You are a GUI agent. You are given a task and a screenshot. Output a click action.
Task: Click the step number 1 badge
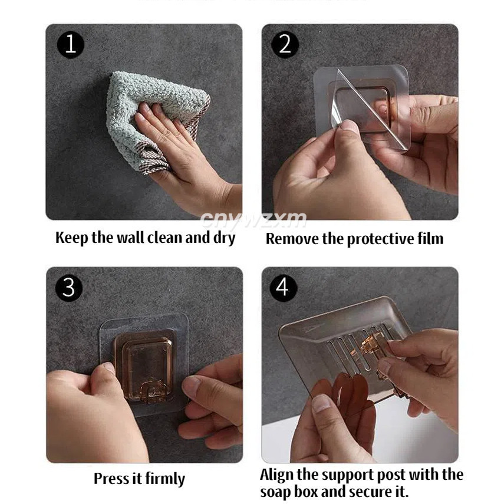70,44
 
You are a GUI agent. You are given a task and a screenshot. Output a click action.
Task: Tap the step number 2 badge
285,44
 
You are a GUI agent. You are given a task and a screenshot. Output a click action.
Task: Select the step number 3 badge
68,287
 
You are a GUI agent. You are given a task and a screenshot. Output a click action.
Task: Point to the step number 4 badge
283,287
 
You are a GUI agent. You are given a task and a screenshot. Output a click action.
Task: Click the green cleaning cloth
154,119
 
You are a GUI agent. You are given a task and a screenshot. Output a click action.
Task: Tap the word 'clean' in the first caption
165,238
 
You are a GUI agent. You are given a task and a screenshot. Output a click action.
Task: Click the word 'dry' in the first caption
225,239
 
